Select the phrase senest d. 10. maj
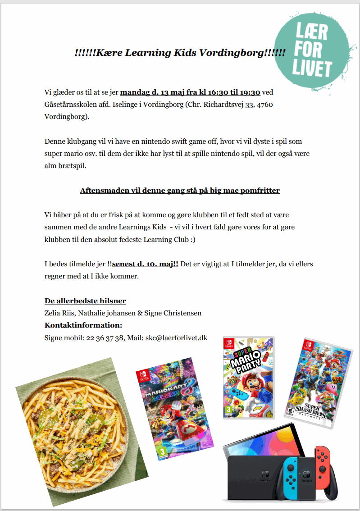145,264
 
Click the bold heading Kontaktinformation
83,325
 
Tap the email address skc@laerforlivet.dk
176,337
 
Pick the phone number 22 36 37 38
105,337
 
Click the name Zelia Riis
59,313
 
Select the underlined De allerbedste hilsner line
85,301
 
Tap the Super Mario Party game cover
249,378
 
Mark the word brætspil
71,165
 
